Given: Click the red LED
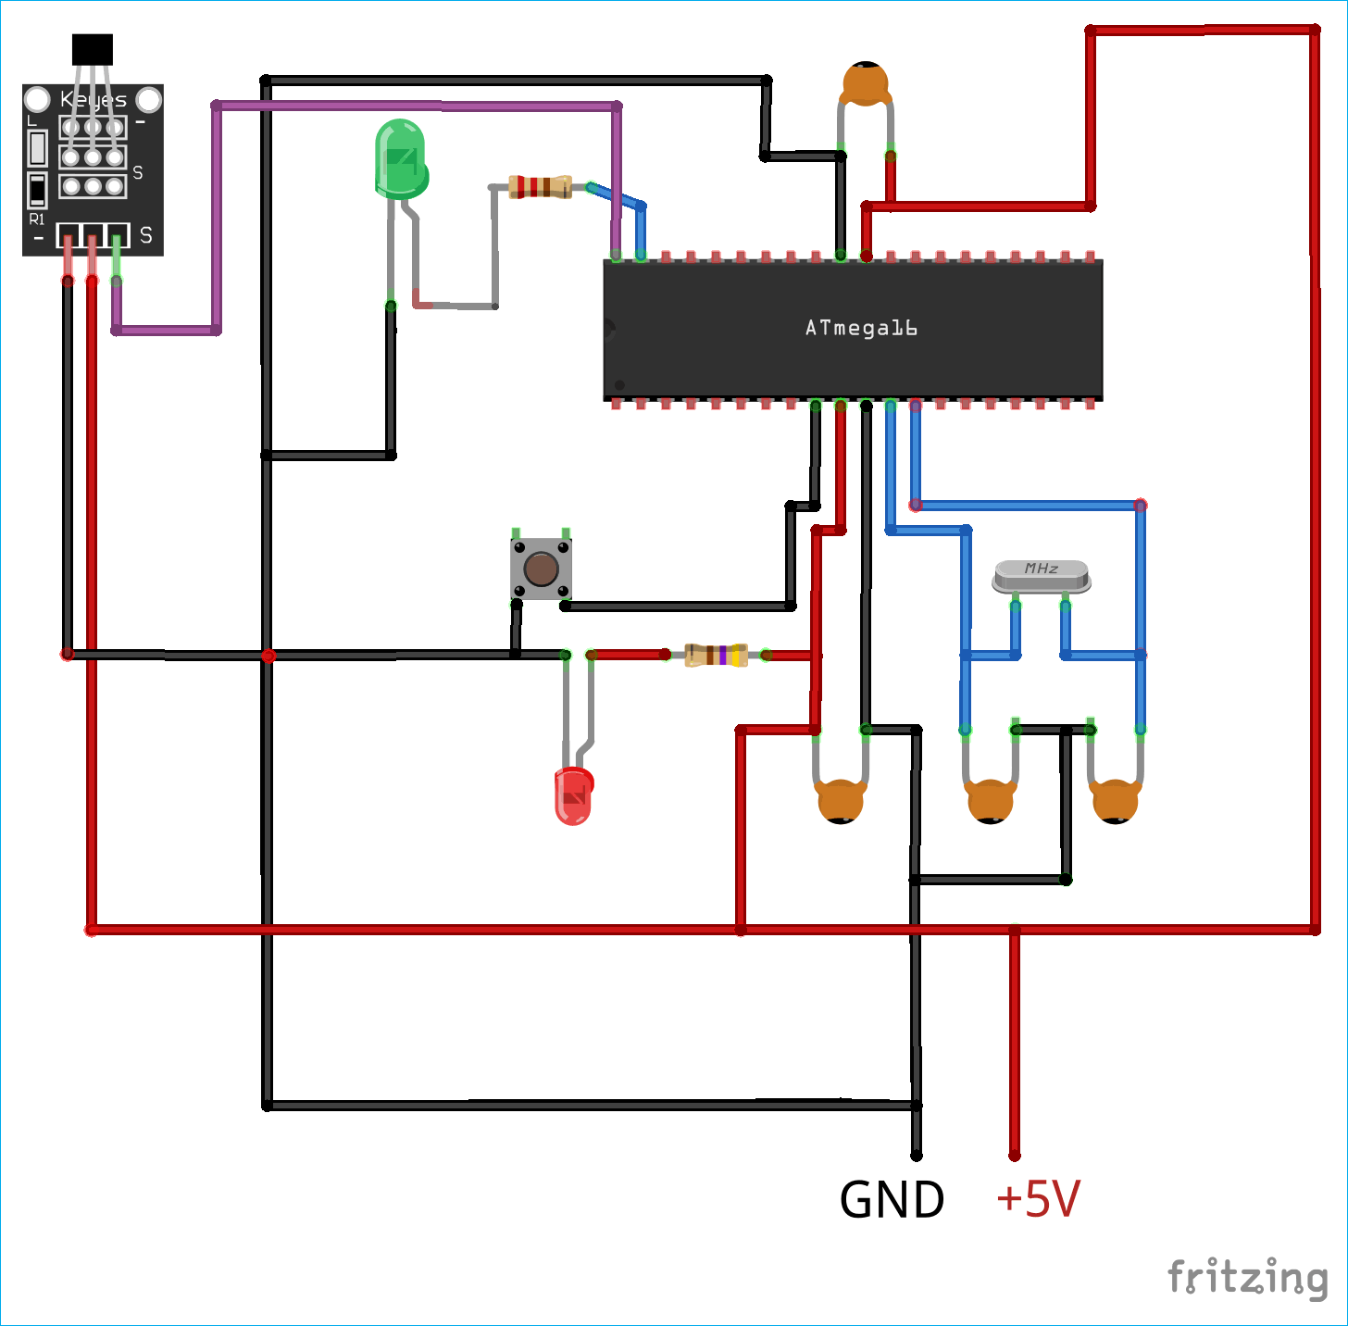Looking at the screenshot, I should click(573, 796).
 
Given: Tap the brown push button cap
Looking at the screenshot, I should click(541, 569).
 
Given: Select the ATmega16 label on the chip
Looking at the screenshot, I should click(861, 328).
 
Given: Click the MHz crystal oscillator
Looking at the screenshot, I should click(1042, 576).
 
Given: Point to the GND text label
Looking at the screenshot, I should click(892, 1200).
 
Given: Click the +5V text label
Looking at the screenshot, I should click(1038, 1199).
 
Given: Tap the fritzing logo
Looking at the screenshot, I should click(1247, 1278).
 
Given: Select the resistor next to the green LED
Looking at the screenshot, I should click(540, 187).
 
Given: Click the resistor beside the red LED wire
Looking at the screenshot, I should click(716, 655).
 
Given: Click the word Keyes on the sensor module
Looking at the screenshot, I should click(93, 99).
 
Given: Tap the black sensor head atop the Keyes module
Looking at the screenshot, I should click(93, 49).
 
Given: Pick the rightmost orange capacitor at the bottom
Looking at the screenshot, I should click(1115, 801).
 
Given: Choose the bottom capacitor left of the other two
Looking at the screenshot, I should click(841, 801).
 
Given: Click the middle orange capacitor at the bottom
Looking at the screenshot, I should click(990, 801).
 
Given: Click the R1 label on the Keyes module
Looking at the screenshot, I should click(37, 219).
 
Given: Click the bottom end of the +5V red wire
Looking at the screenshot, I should click(1015, 1154).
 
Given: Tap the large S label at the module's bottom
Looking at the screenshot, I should click(146, 236).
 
